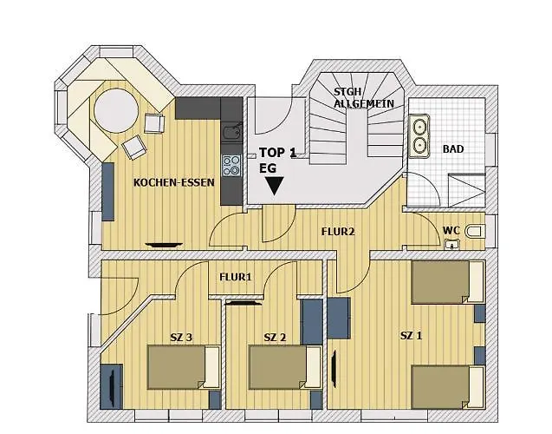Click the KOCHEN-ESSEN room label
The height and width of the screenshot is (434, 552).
168,183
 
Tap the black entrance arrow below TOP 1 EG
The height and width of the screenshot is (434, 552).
275,185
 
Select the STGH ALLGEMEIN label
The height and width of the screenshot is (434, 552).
363,97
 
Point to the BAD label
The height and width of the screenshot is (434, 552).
452,149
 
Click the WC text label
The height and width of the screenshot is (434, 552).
451,230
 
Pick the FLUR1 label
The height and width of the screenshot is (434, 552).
235,278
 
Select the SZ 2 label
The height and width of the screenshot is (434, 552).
276,337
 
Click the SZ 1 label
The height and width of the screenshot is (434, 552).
412,334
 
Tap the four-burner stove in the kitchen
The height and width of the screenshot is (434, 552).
231,165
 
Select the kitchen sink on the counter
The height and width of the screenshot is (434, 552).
231,132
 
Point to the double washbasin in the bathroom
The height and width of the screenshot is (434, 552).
421,137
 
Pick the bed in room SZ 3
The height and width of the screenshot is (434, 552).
183,366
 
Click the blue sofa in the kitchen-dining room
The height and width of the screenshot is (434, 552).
108,191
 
